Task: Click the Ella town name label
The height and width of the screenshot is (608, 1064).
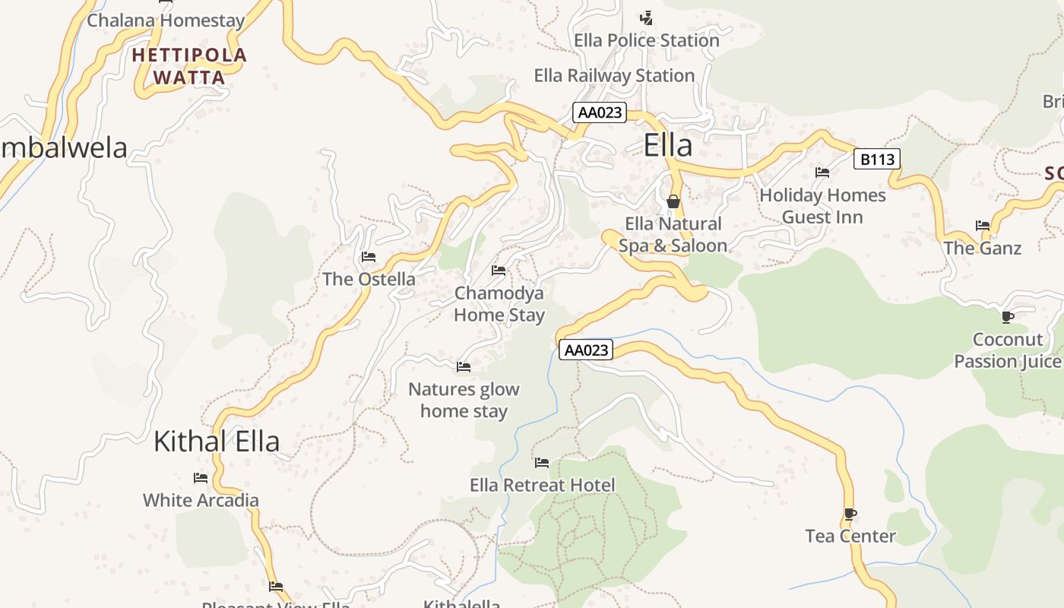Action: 667,145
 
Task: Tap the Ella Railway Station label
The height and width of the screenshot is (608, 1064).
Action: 614,75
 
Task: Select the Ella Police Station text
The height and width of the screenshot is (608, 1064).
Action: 646,40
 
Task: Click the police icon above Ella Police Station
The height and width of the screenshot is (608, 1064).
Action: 646,17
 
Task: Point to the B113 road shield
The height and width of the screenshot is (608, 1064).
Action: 877,159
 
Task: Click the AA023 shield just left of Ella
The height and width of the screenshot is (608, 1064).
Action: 600,113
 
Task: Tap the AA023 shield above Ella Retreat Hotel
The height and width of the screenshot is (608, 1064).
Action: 586,350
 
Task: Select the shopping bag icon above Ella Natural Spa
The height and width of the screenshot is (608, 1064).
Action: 673,201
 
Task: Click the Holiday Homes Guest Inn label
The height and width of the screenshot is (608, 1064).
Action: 822,206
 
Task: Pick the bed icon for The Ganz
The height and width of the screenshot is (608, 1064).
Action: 983,226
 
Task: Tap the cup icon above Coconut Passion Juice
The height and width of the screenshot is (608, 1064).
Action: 1008,317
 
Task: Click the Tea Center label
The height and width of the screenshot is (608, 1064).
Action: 850,536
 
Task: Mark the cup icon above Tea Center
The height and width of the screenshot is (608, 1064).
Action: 850,515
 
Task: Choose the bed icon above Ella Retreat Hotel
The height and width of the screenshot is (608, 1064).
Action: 542,462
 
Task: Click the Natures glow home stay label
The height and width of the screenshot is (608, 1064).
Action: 464,400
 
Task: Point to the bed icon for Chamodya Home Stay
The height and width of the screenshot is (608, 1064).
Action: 499,270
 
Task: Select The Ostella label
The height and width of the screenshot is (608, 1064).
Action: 369,279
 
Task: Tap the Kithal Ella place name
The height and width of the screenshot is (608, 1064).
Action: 217,441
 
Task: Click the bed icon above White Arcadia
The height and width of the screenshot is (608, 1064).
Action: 201,478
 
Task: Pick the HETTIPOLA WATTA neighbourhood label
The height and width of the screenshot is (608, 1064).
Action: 189,66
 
